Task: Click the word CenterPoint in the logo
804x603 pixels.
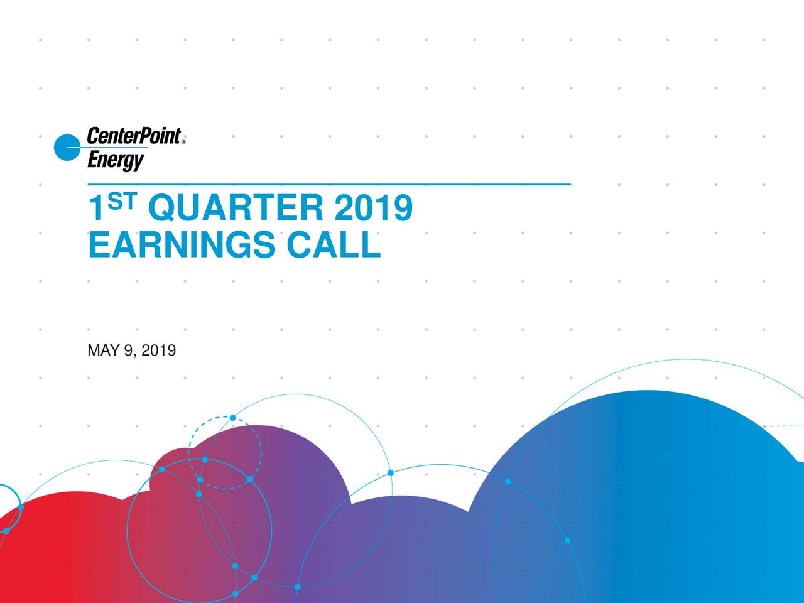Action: [133, 136]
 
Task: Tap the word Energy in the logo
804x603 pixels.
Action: [115, 160]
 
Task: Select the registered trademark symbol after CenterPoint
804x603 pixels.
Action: [183, 143]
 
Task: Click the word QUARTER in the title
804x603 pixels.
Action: [237, 209]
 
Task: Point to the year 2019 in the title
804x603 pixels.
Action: [373, 209]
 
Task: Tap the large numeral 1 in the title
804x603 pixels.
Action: [96, 209]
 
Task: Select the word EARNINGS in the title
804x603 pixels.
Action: [182, 245]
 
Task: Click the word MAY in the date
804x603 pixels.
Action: [103, 350]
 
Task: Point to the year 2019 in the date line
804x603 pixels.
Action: [158, 350]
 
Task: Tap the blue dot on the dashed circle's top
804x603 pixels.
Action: [232, 418]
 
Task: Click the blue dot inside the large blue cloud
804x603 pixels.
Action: [567, 540]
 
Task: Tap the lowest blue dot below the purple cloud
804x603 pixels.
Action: [235, 594]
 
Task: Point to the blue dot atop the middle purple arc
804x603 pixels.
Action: [390, 473]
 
